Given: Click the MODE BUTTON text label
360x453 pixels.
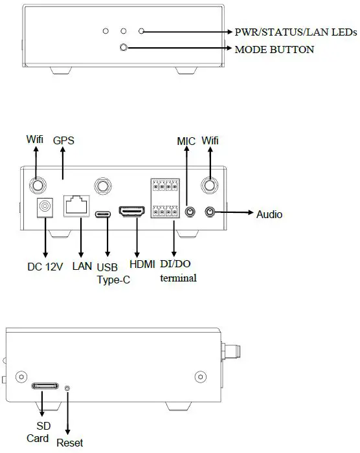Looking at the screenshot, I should click(x=275, y=49).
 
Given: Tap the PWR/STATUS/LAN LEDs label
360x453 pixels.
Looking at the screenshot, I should click(x=295, y=32).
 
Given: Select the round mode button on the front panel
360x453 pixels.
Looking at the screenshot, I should click(x=126, y=48).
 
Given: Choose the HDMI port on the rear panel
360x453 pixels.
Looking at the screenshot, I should click(x=135, y=212).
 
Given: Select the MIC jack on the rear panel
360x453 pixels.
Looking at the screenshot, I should click(x=190, y=212).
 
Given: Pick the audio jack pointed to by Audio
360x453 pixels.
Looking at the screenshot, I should click(x=210, y=212).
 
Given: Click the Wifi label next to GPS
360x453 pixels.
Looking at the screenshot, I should click(x=36, y=139).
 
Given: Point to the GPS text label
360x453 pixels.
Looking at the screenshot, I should click(x=64, y=140).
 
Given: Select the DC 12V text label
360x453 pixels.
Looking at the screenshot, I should click(x=45, y=267).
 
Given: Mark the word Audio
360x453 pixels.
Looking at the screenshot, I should click(x=270, y=214).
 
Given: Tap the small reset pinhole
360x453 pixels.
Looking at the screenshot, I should click(x=69, y=387).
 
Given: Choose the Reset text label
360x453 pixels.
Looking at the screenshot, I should click(x=70, y=443).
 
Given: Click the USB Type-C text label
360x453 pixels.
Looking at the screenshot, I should click(x=108, y=274).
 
